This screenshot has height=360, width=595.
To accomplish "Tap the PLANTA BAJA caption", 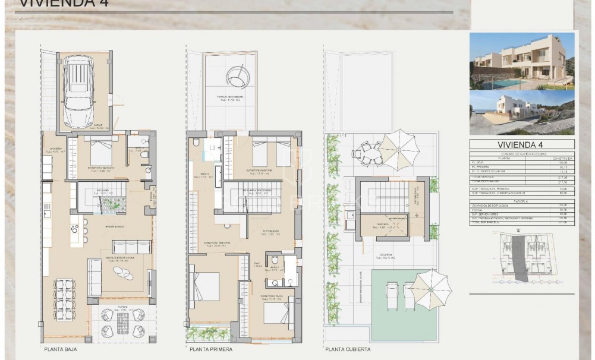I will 60,349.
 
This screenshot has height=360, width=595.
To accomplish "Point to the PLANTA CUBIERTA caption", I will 348,349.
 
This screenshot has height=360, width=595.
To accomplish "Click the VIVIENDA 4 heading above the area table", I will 521,144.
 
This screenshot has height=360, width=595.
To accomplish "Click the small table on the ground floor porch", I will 122,323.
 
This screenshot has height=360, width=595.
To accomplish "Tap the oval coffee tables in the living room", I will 123,273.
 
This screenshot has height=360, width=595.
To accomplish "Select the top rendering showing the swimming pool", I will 521,61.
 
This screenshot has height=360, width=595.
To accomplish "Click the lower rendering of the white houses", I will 521,112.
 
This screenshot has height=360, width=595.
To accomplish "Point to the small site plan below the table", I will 521,257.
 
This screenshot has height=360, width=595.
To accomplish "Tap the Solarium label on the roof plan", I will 389,257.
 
